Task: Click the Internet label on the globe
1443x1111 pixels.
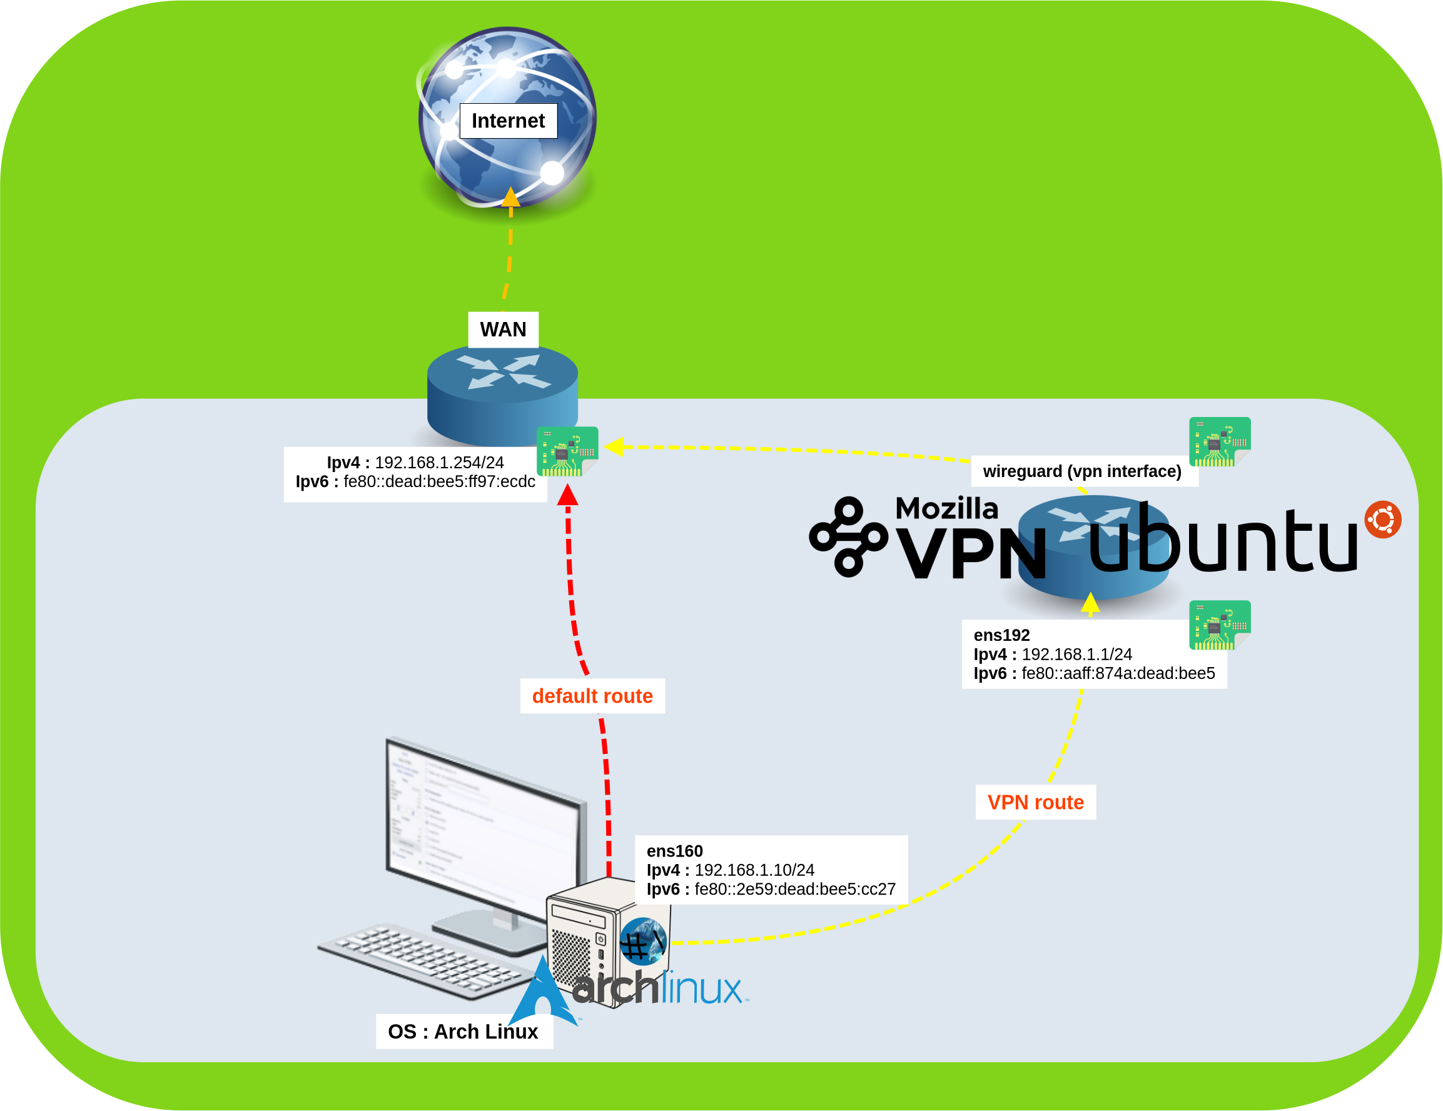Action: (x=508, y=121)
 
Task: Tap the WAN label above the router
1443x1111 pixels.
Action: (x=503, y=329)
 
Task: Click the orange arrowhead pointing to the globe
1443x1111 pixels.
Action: (x=511, y=198)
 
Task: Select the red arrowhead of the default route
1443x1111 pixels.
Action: (x=567, y=495)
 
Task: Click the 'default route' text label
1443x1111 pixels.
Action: (x=592, y=695)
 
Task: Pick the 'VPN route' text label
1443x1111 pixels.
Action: (x=1035, y=802)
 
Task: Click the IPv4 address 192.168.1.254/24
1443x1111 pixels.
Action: (x=438, y=463)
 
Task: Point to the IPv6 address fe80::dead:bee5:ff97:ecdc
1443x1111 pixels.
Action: (x=438, y=481)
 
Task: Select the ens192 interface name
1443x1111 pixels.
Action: (x=1001, y=635)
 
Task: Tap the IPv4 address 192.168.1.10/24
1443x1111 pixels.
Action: (x=754, y=870)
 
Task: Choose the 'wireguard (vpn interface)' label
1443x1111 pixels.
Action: (x=1081, y=471)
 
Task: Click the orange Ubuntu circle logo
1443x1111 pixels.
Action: (x=1382, y=519)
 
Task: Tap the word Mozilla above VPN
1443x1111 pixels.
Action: (x=946, y=508)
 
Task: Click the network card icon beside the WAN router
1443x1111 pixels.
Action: (x=567, y=451)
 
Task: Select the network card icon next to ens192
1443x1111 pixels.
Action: (x=1219, y=625)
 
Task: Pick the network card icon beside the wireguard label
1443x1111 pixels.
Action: (x=1219, y=441)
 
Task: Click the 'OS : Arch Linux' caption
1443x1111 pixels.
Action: (x=462, y=1031)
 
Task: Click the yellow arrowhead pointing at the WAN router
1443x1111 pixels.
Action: (x=614, y=447)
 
